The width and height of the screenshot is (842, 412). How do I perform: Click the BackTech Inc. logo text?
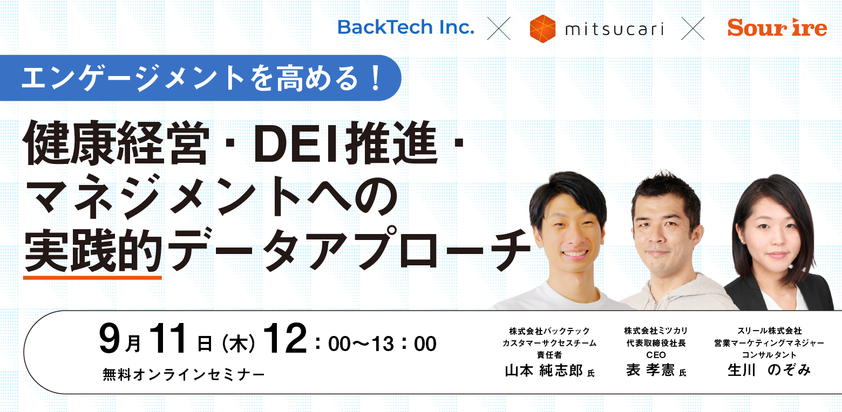click(x=406, y=28)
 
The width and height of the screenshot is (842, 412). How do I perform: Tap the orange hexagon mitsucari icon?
click(x=542, y=29)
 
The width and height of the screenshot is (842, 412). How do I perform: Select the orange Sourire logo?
click(x=777, y=28)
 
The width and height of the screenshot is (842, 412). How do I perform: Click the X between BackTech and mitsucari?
click(x=499, y=29)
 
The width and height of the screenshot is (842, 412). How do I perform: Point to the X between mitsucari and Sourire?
click(x=692, y=29)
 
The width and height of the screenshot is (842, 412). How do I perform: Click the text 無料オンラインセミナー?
click(x=184, y=374)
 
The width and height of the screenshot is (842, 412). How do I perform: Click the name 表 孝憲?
click(x=650, y=370)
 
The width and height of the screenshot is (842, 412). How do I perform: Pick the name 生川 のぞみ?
click(x=769, y=370)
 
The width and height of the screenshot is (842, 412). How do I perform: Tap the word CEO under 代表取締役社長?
click(x=656, y=355)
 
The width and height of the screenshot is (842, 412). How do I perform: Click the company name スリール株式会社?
click(x=769, y=331)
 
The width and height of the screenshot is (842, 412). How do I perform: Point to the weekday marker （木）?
click(x=238, y=344)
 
